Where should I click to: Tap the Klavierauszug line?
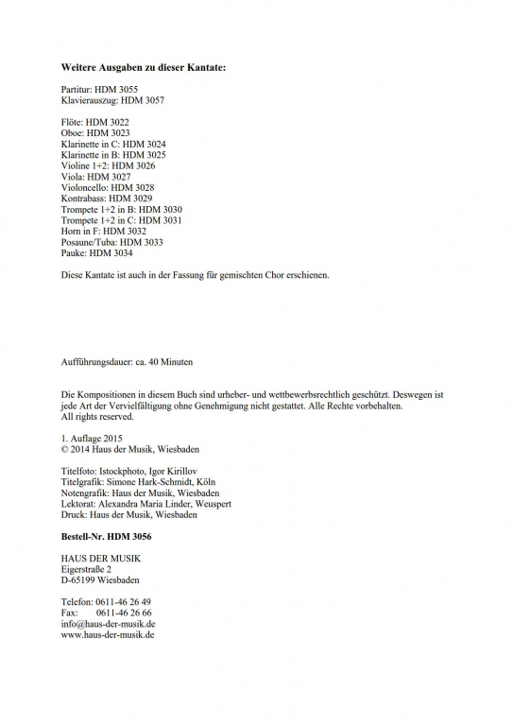(112, 99)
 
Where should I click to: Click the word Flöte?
(72, 122)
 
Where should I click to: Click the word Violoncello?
(86, 187)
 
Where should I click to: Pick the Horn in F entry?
(103, 231)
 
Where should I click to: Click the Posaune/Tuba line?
(111, 242)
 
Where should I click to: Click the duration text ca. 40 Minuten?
(164, 361)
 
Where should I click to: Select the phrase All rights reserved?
(97, 416)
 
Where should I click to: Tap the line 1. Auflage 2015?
(92, 439)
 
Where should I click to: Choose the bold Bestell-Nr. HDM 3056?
(106, 537)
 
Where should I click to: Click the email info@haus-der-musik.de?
(108, 624)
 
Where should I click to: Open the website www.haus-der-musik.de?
(108, 634)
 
